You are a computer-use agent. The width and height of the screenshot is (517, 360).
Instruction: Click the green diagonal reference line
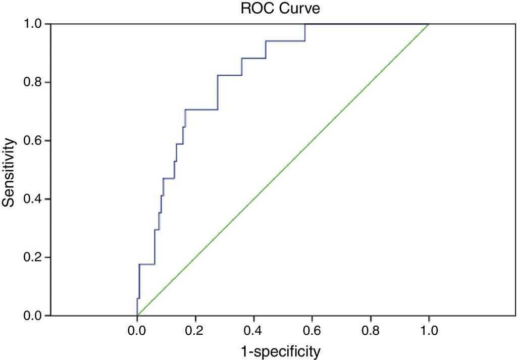point(283,170)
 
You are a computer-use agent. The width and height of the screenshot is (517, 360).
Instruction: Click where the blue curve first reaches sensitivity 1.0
point(305,24)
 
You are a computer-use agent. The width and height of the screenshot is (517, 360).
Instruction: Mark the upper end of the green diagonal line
point(429,24)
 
